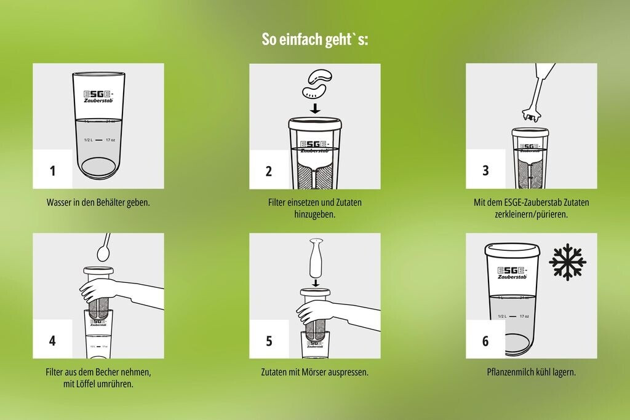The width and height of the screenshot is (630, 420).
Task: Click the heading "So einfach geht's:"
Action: [x=314, y=39]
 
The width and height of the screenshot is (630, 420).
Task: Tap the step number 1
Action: [x=53, y=171]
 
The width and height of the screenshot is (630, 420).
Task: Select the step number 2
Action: [x=269, y=171]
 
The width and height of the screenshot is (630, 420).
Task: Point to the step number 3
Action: [x=485, y=170]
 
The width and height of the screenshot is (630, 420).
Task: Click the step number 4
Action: [x=52, y=341]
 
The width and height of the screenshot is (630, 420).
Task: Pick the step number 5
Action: [x=269, y=341]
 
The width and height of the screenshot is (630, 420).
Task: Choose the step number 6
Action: [x=485, y=341]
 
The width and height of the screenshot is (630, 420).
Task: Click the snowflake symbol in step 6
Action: [x=567, y=261]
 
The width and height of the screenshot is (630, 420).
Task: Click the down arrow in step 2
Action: [x=316, y=108]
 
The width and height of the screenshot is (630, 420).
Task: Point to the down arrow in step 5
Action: [x=316, y=283]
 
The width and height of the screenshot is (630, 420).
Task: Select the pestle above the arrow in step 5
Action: [x=316, y=257]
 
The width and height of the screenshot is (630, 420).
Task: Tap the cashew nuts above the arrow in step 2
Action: [x=317, y=84]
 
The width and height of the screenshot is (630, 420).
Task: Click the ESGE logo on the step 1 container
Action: [x=99, y=97]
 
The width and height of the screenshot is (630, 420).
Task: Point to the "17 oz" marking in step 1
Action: [x=111, y=140]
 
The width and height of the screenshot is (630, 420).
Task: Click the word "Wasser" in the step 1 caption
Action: [x=58, y=202]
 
